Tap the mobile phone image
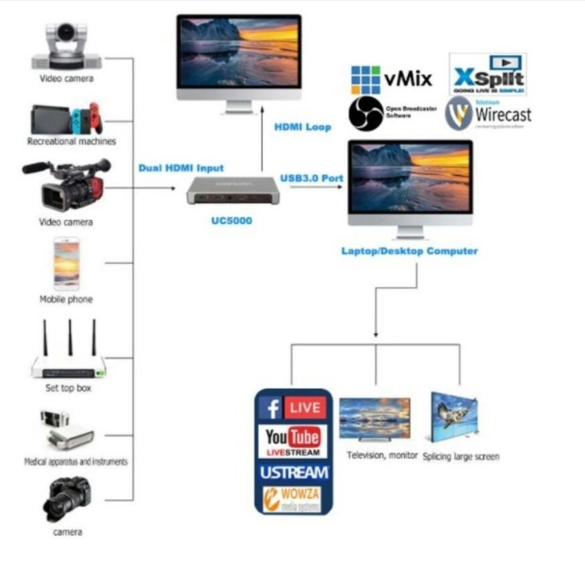point(67,264)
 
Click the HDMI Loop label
point(303,127)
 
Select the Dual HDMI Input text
point(181,168)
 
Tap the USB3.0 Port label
point(312,178)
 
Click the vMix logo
point(392,79)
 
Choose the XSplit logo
point(487,75)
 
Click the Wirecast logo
point(488,114)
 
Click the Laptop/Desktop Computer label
point(409,251)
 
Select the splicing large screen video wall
point(454,417)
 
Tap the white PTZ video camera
point(67,47)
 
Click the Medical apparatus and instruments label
point(76,462)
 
